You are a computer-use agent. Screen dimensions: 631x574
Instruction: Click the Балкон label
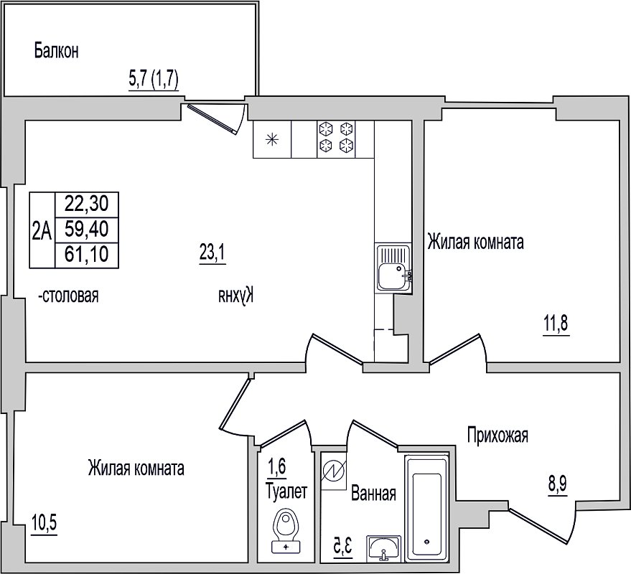tap(56, 51)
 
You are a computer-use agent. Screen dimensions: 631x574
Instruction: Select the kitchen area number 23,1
tap(212, 253)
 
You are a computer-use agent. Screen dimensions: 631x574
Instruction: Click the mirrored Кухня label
tap(238, 296)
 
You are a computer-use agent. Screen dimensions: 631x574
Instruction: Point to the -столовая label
tap(68, 296)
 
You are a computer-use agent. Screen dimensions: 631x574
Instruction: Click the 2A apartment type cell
tap(42, 231)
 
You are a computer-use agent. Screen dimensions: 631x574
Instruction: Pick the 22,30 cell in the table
tap(87, 204)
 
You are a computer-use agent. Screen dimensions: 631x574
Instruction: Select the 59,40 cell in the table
tap(87, 230)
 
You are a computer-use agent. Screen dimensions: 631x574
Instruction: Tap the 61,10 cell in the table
tap(87, 255)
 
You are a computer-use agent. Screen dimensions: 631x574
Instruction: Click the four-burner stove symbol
tap(336, 139)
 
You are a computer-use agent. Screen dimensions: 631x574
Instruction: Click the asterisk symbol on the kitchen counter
tap(272, 140)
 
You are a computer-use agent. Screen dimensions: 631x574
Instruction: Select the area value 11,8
tap(556, 324)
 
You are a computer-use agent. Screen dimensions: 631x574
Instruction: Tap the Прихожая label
tap(497, 436)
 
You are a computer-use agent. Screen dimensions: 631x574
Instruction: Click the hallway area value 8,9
tap(557, 485)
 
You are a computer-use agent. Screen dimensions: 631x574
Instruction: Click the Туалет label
tap(286, 491)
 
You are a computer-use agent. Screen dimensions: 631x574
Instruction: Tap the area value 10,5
tap(44, 524)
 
